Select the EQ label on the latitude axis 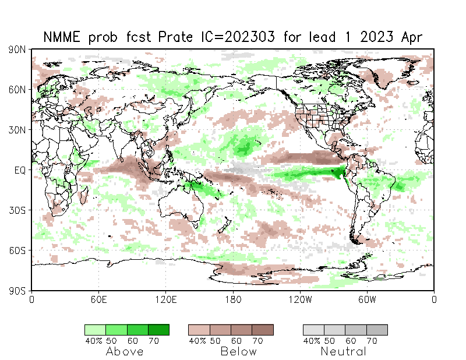tap(20, 170)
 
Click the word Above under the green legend tap(125, 351)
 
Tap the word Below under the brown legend tap(239, 351)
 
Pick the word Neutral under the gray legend tap(344, 351)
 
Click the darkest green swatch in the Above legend tap(158, 330)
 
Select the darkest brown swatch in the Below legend tap(263, 330)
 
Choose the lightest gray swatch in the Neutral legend tap(313, 330)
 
